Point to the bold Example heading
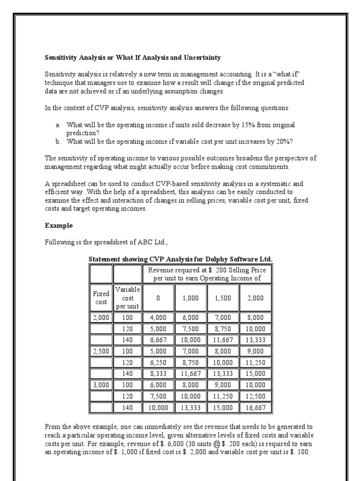[x=59, y=225]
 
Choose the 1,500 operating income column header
[x=223, y=298]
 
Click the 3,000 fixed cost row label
[x=101, y=385]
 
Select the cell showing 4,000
[x=158, y=318]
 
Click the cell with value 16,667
[x=255, y=408]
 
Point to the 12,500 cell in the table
[x=255, y=396]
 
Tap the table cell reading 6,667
[x=158, y=340]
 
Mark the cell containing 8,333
[x=158, y=374]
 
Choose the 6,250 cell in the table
[x=158, y=363]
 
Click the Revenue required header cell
[x=206, y=274]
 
